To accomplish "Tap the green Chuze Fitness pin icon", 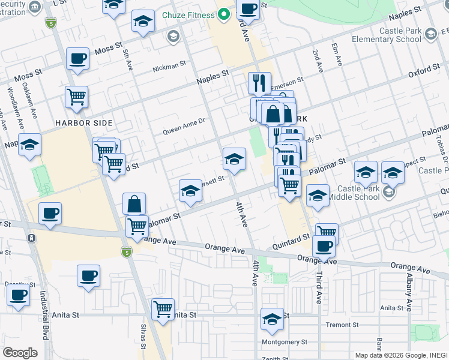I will click(224, 13).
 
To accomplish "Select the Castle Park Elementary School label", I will click(400, 34).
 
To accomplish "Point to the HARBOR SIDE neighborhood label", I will click(83, 123).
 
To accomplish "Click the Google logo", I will click(20, 353).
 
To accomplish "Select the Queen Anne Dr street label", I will click(184, 128).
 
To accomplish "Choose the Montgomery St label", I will click(285, 343).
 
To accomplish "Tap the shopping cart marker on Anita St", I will click(163, 310).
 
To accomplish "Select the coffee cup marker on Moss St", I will click(77, 59).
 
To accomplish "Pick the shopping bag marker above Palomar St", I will click(134, 204).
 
